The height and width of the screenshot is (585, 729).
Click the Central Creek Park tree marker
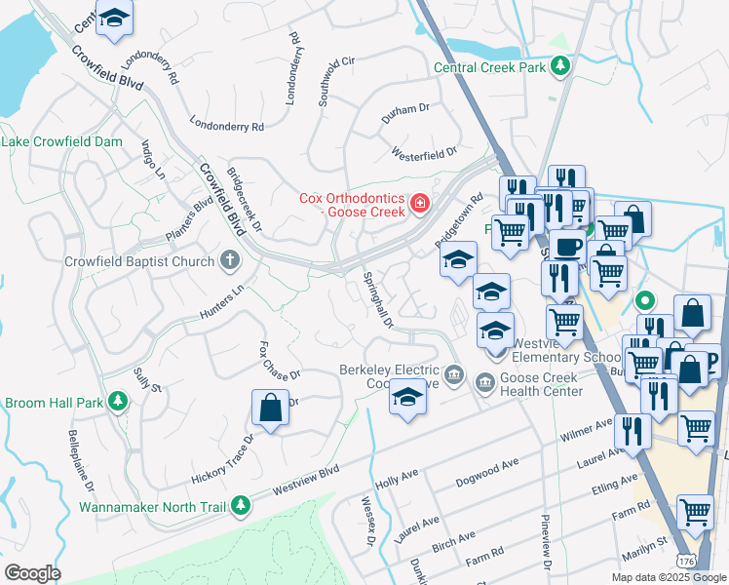tap(560, 65)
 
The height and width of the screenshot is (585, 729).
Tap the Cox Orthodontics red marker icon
tap(419, 203)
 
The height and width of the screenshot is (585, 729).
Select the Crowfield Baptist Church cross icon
tap(229, 260)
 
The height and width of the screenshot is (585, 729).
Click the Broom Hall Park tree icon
tap(118, 401)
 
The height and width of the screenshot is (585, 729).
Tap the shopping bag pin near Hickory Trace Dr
tap(270, 409)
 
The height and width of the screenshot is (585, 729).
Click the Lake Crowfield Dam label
tap(62, 142)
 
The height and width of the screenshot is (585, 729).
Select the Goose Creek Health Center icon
tap(484, 384)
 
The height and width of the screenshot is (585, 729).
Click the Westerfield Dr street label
tap(424, 154)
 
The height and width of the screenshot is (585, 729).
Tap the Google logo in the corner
tap(32, 573)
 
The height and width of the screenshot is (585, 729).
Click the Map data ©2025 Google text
tap(668, 577)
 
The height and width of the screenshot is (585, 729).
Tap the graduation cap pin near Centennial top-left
tap(116, 19)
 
